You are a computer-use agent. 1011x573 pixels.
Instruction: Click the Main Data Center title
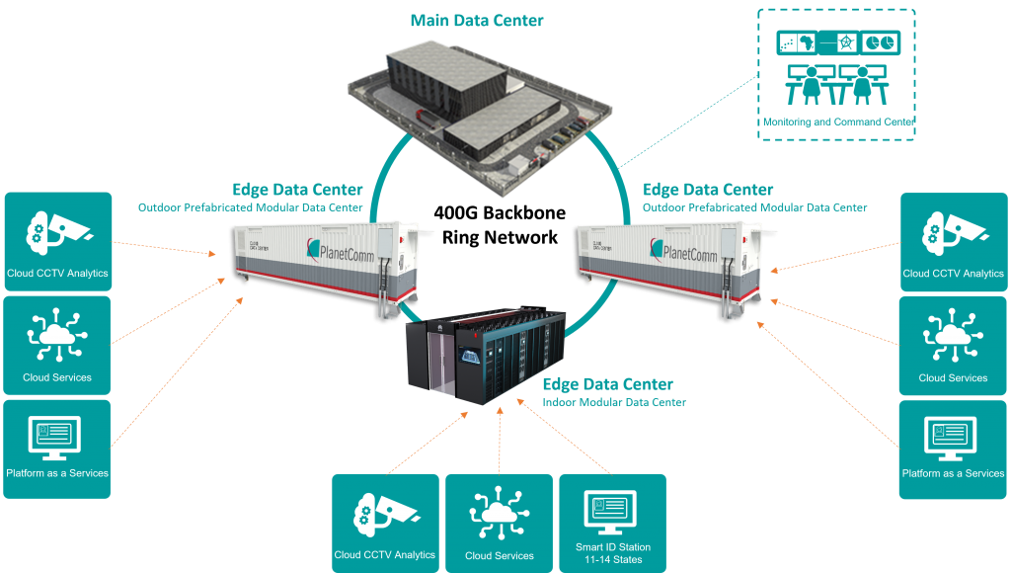(x=477, y=20)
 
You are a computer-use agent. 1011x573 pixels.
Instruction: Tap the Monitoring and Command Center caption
(x=837, y=122)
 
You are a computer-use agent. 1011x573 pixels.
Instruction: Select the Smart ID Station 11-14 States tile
(x=612, y=523)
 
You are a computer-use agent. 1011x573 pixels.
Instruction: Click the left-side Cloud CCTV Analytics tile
(x=57, y=241)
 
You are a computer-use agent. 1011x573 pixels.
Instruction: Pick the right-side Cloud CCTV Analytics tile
(x=953, y=241)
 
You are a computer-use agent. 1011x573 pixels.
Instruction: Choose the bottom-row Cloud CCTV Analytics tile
(x=385, y=523)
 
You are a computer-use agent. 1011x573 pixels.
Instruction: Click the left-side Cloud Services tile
(x=57, y=345)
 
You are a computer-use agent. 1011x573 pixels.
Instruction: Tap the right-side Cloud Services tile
(x=953, y=345)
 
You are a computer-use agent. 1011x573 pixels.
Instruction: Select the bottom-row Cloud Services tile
(x=499, y=523)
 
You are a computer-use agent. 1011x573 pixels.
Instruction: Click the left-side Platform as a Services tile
(x=57, y=441)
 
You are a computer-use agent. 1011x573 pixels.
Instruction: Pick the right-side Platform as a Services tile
(x=953, y=441)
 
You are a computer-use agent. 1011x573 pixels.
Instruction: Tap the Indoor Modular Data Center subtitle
(x=614, y=403)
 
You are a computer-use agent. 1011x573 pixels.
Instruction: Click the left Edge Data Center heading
(x=297, y=189)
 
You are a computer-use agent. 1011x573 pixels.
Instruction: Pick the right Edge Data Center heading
(x=708, y=189)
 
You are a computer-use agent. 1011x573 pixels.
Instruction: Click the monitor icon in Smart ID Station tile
(x=612, y=511)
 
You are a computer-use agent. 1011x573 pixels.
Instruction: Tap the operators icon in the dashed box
(x=836, y=85)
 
